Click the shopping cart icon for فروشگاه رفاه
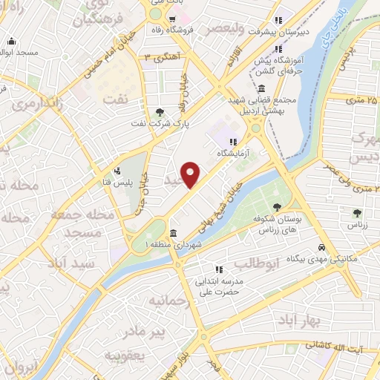[172, 20]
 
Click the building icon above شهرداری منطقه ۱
[173, 232]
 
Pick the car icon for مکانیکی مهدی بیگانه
[320, 247]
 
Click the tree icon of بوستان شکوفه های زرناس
[278, 208]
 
